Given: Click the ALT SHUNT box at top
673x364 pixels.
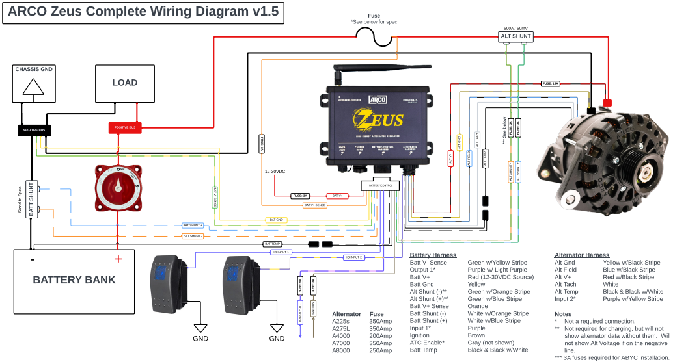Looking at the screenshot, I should pyautogui.click(x=515, y=36).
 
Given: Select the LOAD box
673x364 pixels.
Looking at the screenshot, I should pyautogui.click(x=125, y=83).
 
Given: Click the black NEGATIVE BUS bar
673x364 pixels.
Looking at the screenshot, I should pyautogui.click(x=34, y=130).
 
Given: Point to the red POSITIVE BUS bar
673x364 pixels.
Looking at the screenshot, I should pyautogui.click(x=125, y=127).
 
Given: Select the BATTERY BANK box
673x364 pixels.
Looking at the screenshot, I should pyautogui.click(x=74, y=279).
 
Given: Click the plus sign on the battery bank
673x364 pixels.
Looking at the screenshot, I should pyautogui.click(x=118, y=259).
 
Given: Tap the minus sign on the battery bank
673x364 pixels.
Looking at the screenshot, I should pyautogui.click(x=33, y=259).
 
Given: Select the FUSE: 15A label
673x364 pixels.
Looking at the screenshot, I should pyautogui.click(x=551, y=83).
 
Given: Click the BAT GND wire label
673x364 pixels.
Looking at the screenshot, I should pyautogui.click(x=277, y=220).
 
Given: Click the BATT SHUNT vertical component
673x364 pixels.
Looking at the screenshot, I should pyautogui.click(x=29, y=200).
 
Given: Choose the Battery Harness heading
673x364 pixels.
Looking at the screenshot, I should pyautogui.click(x=433, y=255).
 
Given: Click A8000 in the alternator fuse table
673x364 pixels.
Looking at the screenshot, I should pyautogui.click(x=342, y=350).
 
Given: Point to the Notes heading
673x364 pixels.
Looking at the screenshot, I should pyautogui.click(x=562, y=314).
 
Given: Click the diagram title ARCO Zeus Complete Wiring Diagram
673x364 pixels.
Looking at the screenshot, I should pyautogui.click(x=143, y=12).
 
